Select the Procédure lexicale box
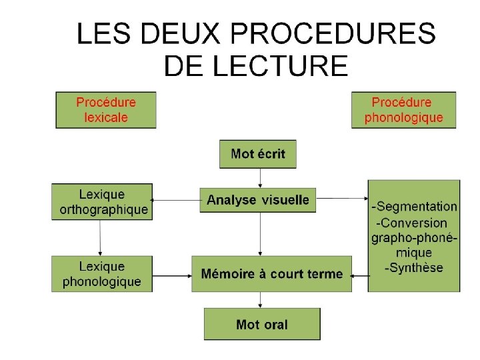pos(106,110)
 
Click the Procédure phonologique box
pos(403,110)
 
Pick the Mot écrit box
pos(258,154)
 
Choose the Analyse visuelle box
pos(258,199)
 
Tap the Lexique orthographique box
pos(102,202)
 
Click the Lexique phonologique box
pos(102,273)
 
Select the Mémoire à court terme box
pos(272,273)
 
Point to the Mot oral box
pos(262,325)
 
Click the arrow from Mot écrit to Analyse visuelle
pos(259,177)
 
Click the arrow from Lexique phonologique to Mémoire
pos(172,273)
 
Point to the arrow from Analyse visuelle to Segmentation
pos(342,198)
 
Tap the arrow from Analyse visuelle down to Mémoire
pos(259,234)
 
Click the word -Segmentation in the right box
pos(415,207)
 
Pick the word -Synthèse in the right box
pos(414,268)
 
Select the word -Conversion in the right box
pos(412,223)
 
